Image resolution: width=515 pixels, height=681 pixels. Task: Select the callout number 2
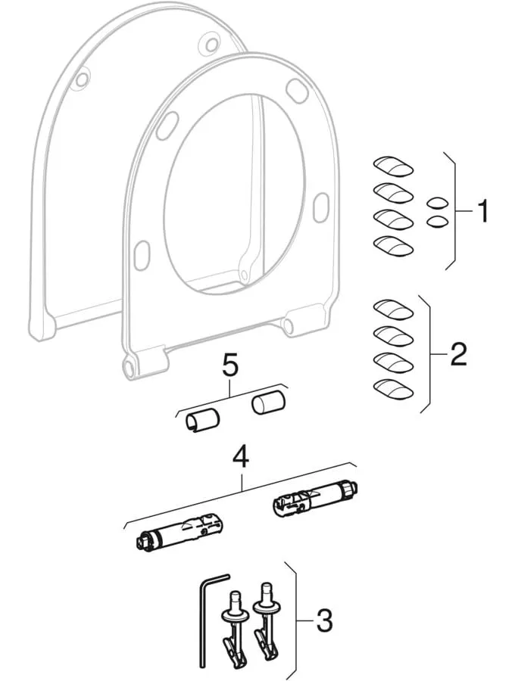(x=457, y=354)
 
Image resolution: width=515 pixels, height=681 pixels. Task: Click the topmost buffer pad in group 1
(x=393, y=166)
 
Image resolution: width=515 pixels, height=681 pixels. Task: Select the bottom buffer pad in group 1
(x=393, y=246)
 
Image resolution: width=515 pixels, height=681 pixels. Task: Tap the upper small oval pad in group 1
(x=436, y=203)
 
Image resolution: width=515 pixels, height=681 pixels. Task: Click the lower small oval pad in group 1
(x=436, y=222)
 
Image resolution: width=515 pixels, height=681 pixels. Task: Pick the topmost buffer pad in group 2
(x=393, y=309)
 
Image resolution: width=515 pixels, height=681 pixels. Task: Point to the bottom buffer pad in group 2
(x=393, y=390)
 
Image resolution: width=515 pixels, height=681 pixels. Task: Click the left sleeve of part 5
(x=202, y=419)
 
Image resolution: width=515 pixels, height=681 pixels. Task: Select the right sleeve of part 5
(x=269, y=403)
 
